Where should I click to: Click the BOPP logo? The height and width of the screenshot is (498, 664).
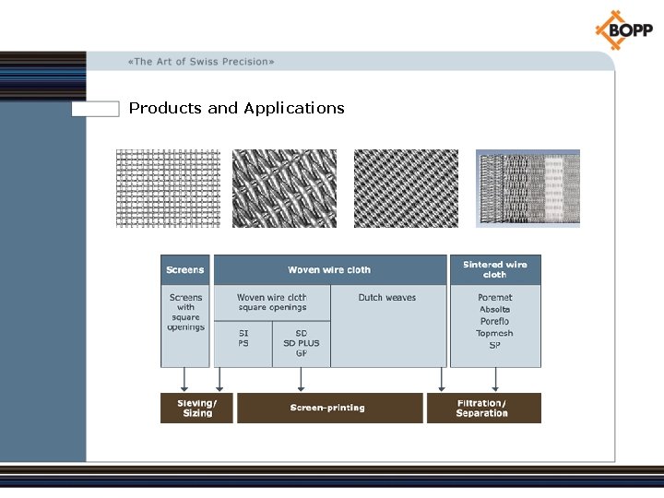pyautogui.click(x=623, y=30)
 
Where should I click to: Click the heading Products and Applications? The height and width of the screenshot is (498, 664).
pyautogui.click(x=236, y=108)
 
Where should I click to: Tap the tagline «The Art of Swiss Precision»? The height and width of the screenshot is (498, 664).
pyautogui.click(x=201, y=62)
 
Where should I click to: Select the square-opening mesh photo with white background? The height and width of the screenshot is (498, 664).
pyautogui.click(x=168, y=188)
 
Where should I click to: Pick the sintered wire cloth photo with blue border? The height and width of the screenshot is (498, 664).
pyautogui.click(x=528, y=188)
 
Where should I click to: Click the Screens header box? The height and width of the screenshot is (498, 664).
pyautogui.click(x=185, y=269)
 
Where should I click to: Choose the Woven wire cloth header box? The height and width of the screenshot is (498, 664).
pyautogui.click(x=328, y=269)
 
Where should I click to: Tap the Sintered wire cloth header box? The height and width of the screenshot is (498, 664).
pyautogui.click(x=494, y=269)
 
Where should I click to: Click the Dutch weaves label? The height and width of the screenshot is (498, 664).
pyautogui.click(x=387, y=298)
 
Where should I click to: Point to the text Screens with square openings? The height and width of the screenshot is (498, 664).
pyautogui.click(x=185, y=313)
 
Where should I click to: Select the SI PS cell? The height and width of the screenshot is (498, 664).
pyautogui.click(x=243, y=338)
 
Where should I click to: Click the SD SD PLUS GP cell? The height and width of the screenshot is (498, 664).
pyautogui.click(x=302, y=343)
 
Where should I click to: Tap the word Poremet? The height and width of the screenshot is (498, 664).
pyautogui.click(x=494, y=298)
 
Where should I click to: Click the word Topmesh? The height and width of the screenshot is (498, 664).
pyautogui.click(x=494, y=333)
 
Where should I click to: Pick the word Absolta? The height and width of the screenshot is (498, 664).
pyautogui.click(x=494, y=310)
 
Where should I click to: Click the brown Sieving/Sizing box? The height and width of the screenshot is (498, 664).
pyautogui.click(x=197, y=408)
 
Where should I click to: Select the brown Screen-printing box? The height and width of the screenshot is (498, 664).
pyautogui.click(x=328, y=408)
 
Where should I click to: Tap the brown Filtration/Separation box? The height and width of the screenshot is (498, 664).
pyautogui.click(x=482, y=408)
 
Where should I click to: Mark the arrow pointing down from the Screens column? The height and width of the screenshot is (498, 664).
pyautogui.click(x=184, y=379)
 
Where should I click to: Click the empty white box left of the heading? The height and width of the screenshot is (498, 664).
pyautogui.click(x=96, y=109)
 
